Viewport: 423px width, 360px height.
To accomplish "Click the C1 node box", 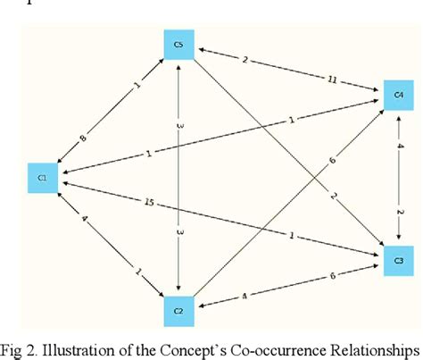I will (x=43, y=178).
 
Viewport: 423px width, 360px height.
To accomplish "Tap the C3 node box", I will (x=398, y=258).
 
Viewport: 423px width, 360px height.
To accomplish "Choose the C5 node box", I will (x=179, y=44).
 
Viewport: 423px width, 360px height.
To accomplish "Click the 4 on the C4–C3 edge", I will (x=401, y=146).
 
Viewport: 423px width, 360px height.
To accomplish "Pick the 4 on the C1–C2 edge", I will (x=83, y=217).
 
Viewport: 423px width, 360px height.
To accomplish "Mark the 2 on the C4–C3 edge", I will (x=401, y=212).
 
